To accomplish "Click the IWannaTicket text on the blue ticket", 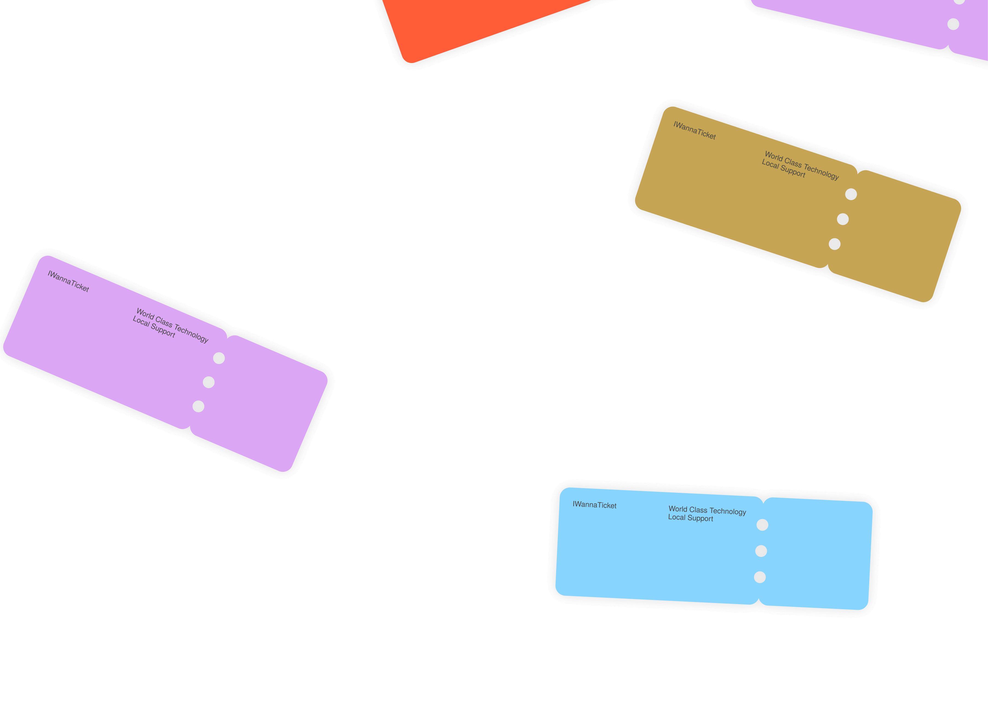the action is click(x=594, y=505).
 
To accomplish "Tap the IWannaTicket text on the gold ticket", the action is click(x=694, y=130).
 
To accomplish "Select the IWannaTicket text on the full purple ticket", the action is click(x=68, y=281).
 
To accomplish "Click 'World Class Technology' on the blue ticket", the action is click(x=707, y=510).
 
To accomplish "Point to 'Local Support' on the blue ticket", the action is click(x=690, y=518).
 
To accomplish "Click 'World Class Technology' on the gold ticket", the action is click(x=802, y=165).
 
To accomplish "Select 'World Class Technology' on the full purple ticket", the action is click(x=173, y=325).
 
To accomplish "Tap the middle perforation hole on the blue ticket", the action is click(x=761, y=551).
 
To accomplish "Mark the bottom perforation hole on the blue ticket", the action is click(x=760, y=577).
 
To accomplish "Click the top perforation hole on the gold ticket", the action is click(x=851, y=194).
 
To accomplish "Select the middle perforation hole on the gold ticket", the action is click(x=843, y=219).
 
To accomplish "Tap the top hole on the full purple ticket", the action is click(x=219, y=358).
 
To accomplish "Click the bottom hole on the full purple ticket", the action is click(x=198, y=406).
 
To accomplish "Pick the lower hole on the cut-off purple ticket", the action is click(x=953, y=24).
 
